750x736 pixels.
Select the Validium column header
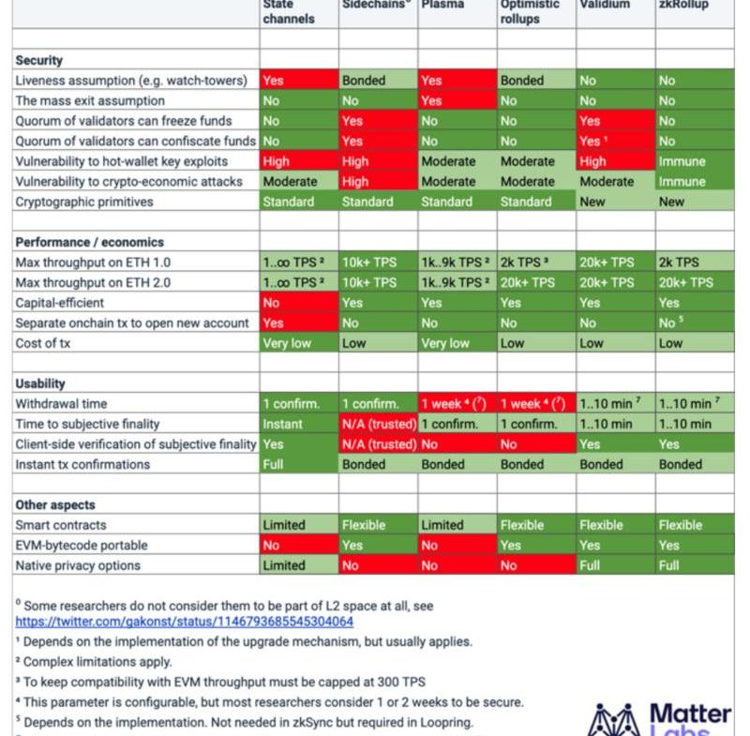point(604,6)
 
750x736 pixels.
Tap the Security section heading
point(39,60)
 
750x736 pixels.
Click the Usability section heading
point(40,383)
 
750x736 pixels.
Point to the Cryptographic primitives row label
point(84,202)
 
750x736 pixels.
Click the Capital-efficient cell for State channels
point(299,303)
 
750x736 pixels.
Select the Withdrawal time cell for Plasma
point(457,404)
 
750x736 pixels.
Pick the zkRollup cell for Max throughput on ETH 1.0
point(695,263)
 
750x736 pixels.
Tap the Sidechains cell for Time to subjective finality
point(378,424)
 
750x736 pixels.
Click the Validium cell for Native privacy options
point(615,565)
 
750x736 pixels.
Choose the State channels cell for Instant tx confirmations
point(299,464)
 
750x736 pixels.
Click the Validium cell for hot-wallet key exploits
point(615,161)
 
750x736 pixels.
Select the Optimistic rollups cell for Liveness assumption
point(536,81)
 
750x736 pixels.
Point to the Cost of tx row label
point(43,343)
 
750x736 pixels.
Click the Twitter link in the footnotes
point(185,621)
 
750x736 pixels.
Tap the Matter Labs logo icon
point(613,720)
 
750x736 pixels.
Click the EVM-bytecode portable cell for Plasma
point(457,545)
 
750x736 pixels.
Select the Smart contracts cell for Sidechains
point(378,525)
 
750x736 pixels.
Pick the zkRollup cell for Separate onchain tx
point(695,323)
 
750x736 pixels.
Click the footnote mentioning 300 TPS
point(206,682)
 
